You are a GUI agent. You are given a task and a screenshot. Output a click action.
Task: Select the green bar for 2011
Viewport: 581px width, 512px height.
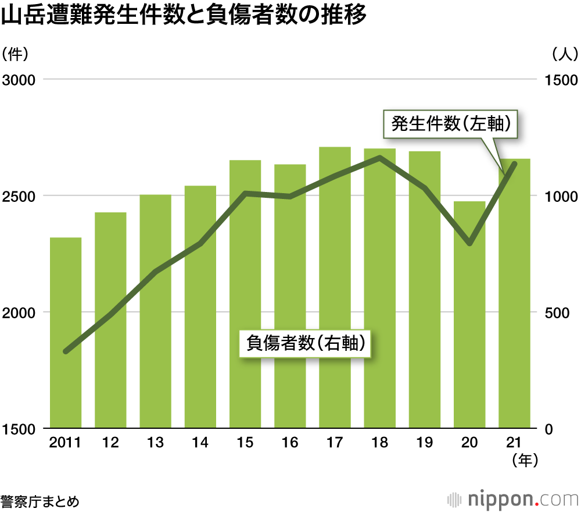click(66, 332)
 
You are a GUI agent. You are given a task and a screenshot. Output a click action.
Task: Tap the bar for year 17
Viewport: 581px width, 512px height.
click(335, 288)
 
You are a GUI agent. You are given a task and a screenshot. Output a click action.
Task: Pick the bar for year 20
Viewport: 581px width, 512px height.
click(469, 314)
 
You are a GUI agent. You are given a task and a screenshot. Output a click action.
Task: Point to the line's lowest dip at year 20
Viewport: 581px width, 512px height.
click(469, 243)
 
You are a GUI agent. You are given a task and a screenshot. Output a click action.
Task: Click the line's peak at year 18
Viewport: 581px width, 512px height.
click(379, 157)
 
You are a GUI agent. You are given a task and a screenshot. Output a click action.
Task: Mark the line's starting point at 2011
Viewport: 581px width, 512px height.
click(66, 351)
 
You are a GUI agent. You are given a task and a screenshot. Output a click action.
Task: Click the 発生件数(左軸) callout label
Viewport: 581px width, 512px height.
click(450, 123)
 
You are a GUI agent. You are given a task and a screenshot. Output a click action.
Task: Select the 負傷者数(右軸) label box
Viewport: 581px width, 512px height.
click(306, 343)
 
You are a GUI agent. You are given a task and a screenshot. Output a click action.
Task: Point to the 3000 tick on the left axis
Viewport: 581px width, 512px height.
click(19, 80)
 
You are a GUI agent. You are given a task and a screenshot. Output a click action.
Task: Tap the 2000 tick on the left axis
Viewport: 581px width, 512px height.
click(19, 312)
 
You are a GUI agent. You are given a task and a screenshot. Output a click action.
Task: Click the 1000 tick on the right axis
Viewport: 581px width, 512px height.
click(560, 196)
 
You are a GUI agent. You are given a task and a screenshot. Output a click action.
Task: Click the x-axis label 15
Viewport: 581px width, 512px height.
click(245, 443)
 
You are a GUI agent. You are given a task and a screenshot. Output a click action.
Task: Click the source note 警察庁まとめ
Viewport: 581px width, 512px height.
click(40, 499)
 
